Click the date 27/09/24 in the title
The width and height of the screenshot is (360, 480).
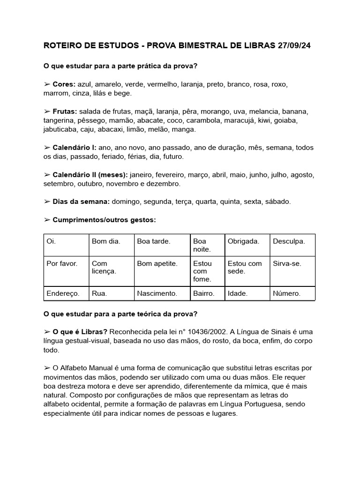(293, 46)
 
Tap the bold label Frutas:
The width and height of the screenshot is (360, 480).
(65, 112)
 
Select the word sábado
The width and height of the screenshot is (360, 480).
(277, 202)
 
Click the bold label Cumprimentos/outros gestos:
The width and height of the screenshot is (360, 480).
(104, 219)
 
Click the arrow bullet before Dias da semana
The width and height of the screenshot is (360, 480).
(47, 202)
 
